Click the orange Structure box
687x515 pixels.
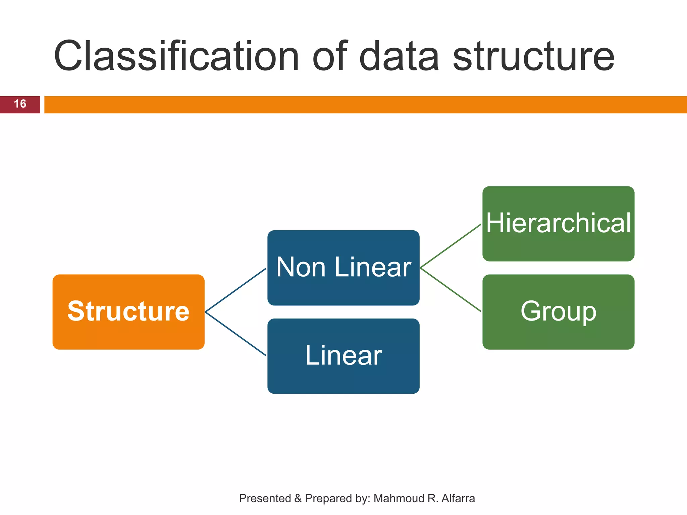[x=128, y=312]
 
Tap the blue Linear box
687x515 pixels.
[x=343, y=356]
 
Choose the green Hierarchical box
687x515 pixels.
[x=558, y=224]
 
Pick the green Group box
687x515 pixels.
[x=558, y=312]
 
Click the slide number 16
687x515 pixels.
[x=20, y=104]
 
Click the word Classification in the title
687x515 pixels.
[x=176, y=56]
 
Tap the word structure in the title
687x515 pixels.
[x=533, y=56]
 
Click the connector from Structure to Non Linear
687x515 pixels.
[x=235, y=290]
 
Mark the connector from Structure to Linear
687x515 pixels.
[x=235, y=334]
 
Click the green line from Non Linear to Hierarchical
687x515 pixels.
[x=451, y=246]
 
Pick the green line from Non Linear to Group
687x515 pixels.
[x=451, y=290]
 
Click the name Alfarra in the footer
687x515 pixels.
[x=458, y=499]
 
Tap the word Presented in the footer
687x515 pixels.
[x=265, y=499]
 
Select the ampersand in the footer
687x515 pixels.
[x=298, y=499]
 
